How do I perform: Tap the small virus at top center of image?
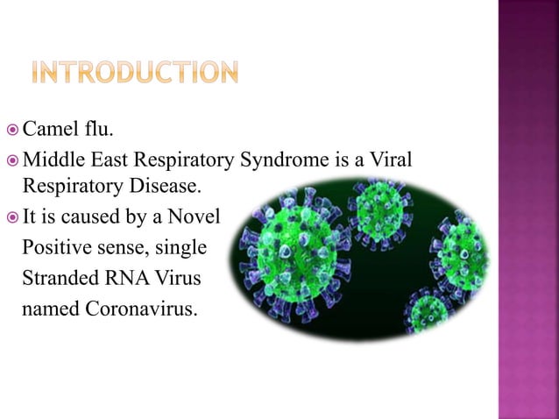379,208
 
